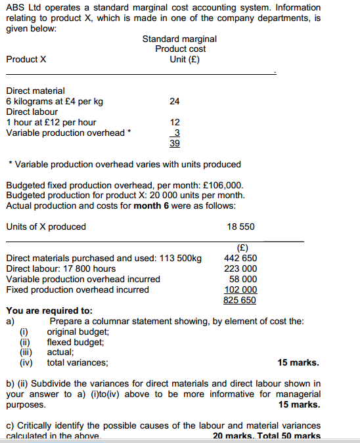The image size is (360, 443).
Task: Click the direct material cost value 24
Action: pyautogui.click(x=174, y=101)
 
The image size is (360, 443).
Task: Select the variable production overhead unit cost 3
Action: pyautogui.click(x=175, y=133)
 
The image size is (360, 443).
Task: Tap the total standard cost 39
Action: pyautogui.click(x=175, y=143)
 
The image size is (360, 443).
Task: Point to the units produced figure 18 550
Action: pyautogui.click(x=241, y=226)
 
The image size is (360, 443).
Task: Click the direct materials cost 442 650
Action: pyautogui.click(x=240, y=258)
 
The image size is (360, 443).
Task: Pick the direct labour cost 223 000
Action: pyautogui.click(x=240, y=268)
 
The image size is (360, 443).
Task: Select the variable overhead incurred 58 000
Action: pyautogui.click(x=243, y=279)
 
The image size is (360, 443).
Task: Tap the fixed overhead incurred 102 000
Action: pyautogui.click(x=240, y=289)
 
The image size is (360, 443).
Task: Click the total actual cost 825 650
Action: pyautogui.click(x=240, y=300)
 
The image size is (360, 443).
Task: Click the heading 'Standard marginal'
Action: pyautogui.click(x=179, y=39)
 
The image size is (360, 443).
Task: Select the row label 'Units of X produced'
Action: pyautogui.click(x=46, y=226)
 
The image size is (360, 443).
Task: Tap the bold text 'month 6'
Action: pyautogui.click(x=152, y=205)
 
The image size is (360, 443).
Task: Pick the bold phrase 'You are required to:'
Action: pyautogui.click(x=49, y=310)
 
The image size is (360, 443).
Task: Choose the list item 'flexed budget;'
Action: pyautogui.click(x=76, y=341)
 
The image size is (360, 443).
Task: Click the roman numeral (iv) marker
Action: pyautogui.click(x=26, y=362)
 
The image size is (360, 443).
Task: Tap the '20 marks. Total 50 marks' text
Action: pyautogui.click(x=267, y=436)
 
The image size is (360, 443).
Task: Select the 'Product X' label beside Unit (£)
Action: pyautogui.click(x=26, y=59)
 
